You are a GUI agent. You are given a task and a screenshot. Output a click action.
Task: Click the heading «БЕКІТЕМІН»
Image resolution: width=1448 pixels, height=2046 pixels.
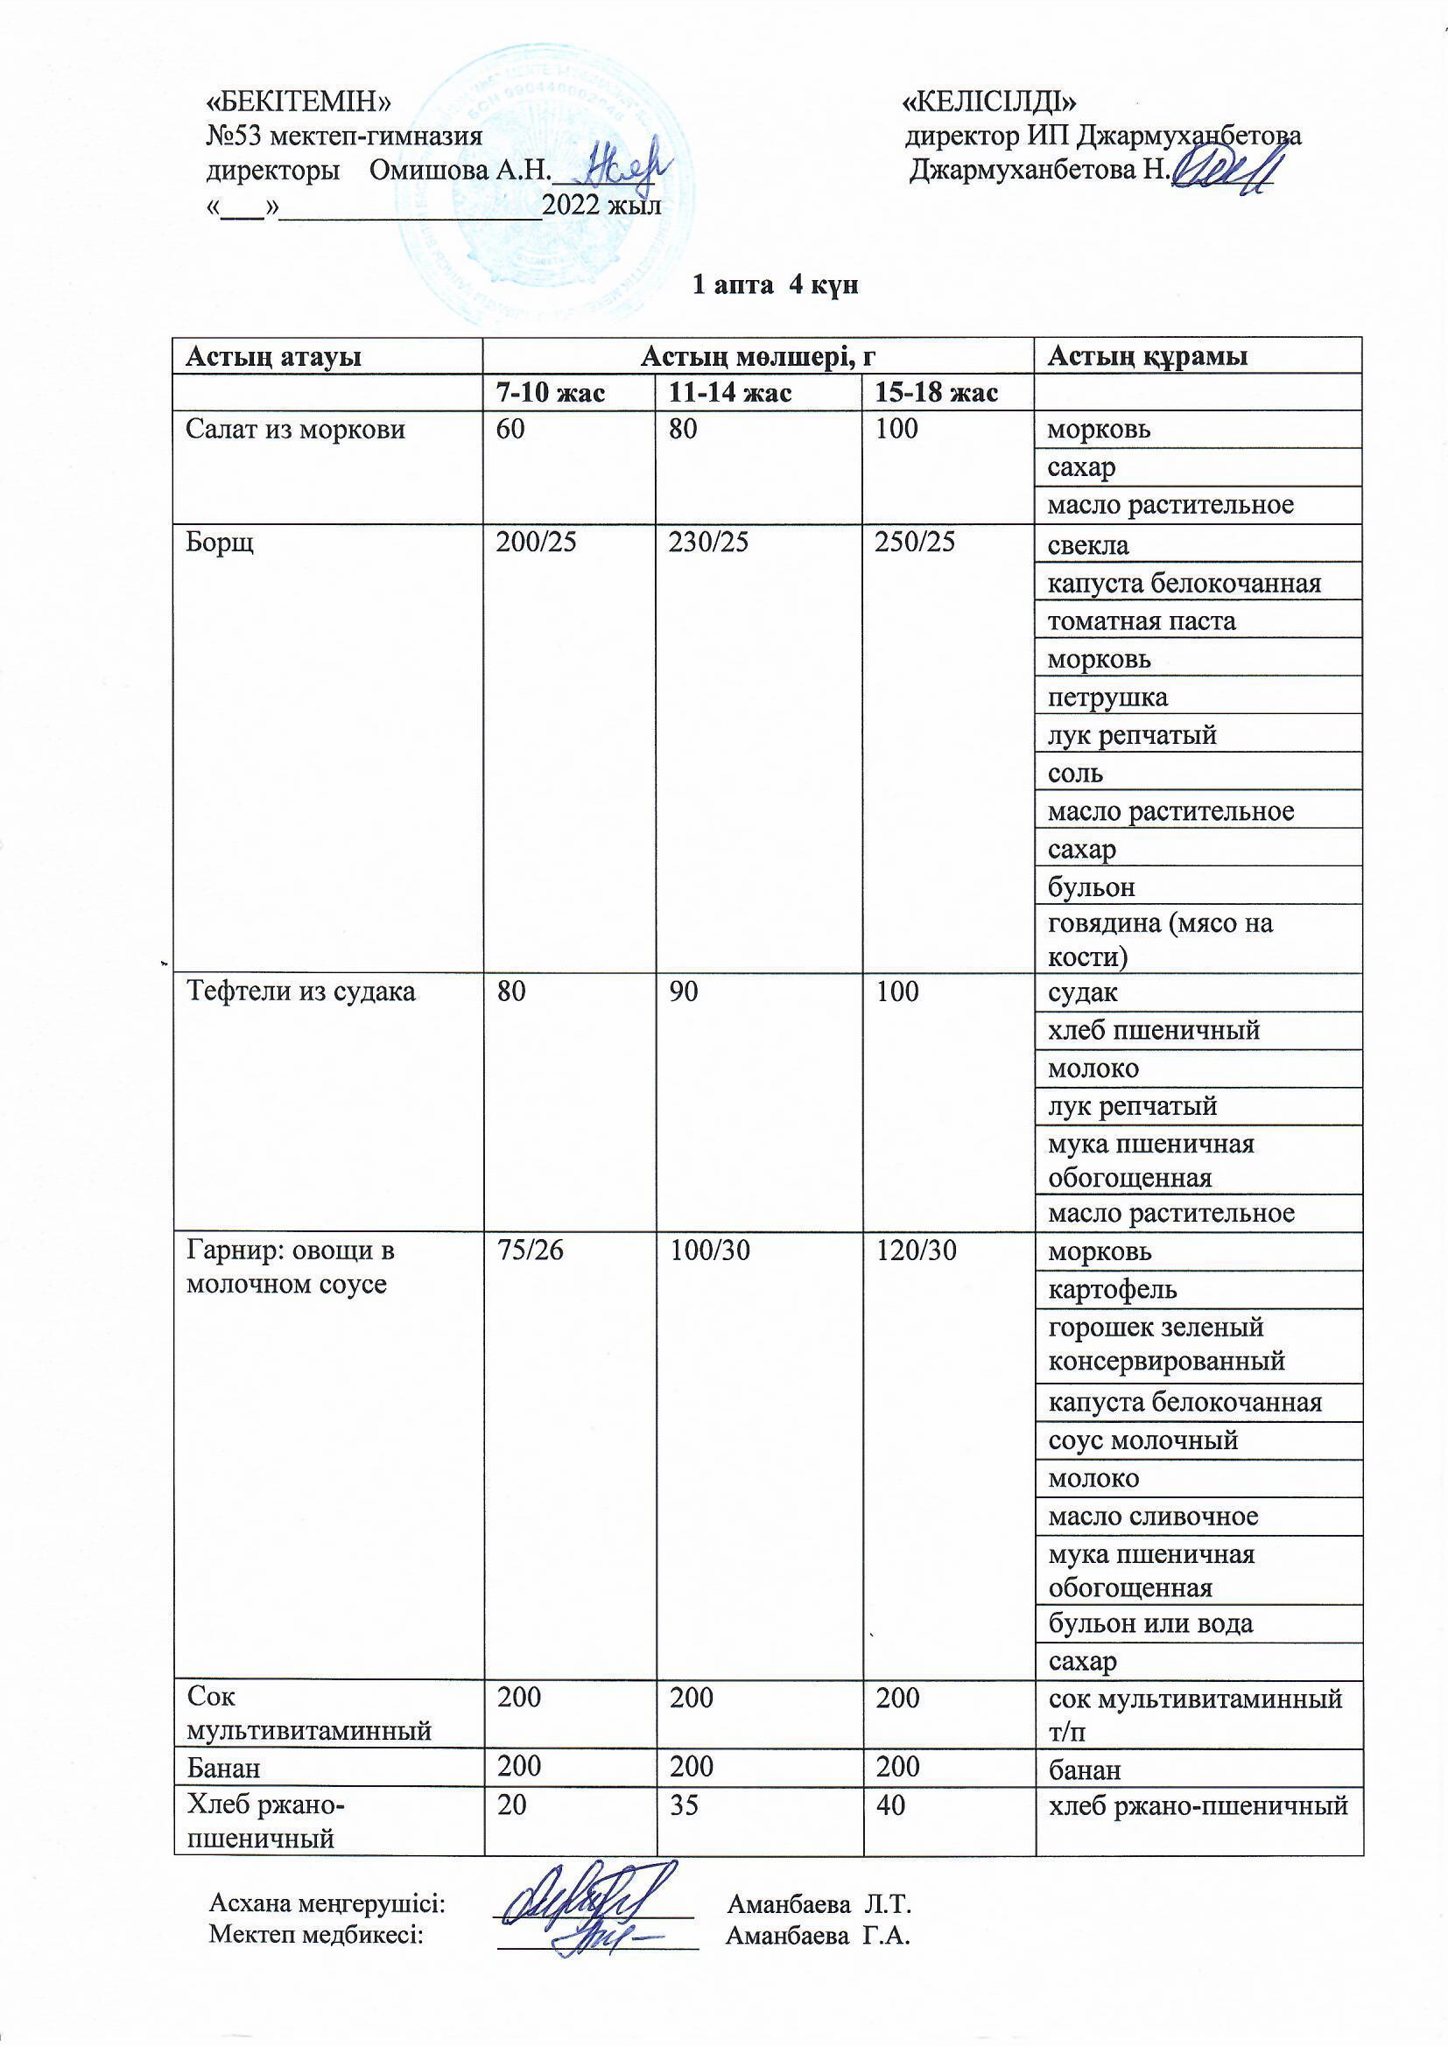(298, 102)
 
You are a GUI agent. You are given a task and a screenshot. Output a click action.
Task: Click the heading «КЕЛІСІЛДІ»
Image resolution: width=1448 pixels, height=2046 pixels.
(991, 102)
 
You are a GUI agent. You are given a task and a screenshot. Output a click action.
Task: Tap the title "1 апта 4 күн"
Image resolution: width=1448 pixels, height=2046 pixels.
(775, 285)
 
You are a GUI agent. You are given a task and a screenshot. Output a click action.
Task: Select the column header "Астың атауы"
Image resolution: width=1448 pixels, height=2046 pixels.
(273, 356)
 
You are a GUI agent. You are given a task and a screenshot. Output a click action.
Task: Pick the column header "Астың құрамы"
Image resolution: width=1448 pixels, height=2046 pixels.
(1147, 356)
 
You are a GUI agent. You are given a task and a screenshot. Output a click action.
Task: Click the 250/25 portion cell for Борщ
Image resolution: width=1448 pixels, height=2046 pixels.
(915, 543)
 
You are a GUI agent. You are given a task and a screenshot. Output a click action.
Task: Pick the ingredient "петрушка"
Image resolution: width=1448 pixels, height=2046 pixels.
(1107, 697)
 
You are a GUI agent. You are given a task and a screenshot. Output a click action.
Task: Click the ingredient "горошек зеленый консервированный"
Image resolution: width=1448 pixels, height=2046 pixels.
(1166, 1344)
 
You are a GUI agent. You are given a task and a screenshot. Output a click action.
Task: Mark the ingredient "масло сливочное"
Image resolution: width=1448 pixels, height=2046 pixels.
(1153, 1516)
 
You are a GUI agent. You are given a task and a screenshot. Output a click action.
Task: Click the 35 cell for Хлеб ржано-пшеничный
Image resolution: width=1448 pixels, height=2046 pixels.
(684, 1804)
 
